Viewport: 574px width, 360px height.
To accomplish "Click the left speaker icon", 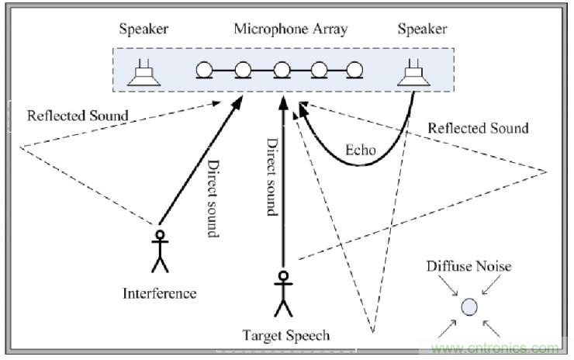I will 144,73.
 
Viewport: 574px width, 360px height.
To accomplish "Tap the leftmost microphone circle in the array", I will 205,71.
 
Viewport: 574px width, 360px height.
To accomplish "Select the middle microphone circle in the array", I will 280,71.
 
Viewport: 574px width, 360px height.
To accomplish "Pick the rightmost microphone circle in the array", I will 354,71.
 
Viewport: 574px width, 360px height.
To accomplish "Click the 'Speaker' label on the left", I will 143,30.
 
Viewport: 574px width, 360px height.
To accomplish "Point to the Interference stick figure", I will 161,251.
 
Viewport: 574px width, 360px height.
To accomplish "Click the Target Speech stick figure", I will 284,294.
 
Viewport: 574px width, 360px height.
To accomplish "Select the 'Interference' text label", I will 160,293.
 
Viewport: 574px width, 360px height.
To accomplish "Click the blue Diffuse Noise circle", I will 468,307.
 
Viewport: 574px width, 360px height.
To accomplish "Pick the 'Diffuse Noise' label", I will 469,266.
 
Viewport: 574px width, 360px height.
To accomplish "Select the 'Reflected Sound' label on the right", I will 478,128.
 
